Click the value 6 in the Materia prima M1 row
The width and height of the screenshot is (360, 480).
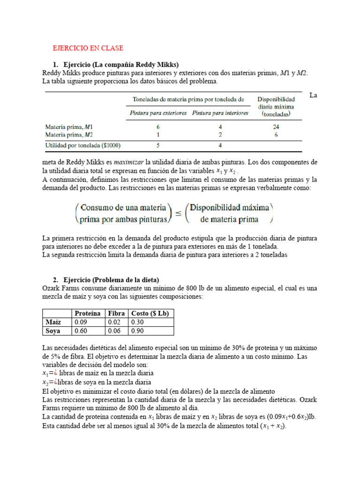[x=158, y=127]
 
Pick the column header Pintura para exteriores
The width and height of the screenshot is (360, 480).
[x=158, y=113]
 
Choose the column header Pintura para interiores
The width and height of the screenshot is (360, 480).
[x=220, y=113]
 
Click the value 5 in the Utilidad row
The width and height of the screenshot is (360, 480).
[x=158, y=146]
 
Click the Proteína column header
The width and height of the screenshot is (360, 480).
[x=88, y=313]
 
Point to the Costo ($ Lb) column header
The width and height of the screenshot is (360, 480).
[x=150, y=313]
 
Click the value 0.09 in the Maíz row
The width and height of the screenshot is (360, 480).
[x=81, y=322]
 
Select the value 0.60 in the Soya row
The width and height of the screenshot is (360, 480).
[x=81, y=331]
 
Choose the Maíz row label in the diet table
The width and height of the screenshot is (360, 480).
[x=53, y=322]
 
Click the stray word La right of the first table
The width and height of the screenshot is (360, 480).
[x=314, y=96]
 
